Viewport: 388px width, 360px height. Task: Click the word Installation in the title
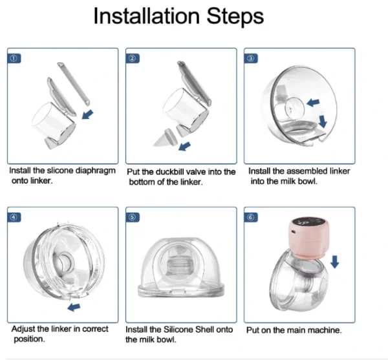coord(147,16)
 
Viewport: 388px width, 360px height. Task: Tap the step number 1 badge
coord(14,59)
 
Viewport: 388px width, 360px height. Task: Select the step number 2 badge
coord(133,59)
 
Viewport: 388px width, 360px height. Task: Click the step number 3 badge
coord(251,59)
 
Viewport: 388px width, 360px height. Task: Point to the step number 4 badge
coord(14,217)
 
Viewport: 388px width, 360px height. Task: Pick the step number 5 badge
coord(133,217)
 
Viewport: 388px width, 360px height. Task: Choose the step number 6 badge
coord(251,217)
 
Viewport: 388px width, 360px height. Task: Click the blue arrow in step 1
coord(87,114)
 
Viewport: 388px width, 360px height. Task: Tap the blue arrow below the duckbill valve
coord(184,146)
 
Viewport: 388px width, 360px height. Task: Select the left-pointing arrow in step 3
coord(313,102)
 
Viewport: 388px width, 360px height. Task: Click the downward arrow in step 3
coord(323,122)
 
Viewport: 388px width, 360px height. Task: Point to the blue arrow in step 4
coord(74,308)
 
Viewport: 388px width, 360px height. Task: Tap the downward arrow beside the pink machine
coord(334,262)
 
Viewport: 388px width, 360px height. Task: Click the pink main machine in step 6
coord(308,238)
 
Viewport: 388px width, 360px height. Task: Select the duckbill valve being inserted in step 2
coord(166,138)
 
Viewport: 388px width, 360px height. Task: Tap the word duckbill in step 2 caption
coord(170,172)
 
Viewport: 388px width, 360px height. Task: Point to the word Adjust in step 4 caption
coord(21,330)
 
